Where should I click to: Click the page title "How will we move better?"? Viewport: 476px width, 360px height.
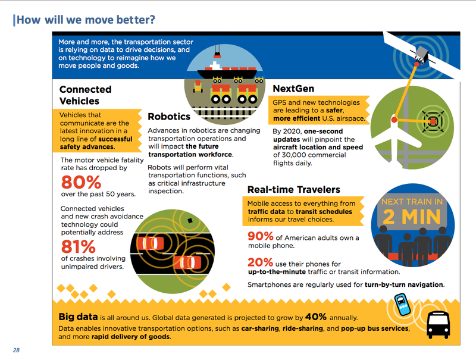86,20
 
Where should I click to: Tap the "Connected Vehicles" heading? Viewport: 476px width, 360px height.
85,95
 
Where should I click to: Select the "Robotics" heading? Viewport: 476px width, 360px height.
169,117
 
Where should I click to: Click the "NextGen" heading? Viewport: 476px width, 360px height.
293,89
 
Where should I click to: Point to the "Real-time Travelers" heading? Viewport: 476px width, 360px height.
293,189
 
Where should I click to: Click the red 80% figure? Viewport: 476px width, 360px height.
81,182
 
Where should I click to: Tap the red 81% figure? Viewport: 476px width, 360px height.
79,246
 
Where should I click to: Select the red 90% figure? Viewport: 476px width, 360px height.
261,236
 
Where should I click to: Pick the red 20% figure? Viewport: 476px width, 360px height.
261,262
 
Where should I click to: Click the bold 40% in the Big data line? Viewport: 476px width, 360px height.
316,317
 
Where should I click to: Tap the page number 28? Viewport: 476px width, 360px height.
16,350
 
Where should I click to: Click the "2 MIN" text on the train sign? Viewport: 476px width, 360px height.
412,217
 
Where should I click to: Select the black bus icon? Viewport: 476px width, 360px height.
439,325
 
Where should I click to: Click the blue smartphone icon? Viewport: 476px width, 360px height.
403,304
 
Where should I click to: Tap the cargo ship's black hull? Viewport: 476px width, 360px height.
227,74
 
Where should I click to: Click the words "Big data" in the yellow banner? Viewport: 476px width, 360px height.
78,317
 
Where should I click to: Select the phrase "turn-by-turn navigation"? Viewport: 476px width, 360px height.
404,284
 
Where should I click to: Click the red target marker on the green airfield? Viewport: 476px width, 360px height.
433,122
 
